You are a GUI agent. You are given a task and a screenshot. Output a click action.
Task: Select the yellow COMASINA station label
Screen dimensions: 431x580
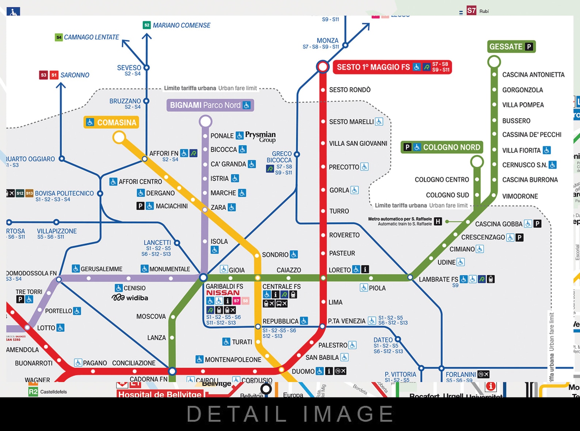(112, 123)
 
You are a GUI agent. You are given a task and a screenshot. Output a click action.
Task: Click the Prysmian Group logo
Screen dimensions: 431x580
(260, 136)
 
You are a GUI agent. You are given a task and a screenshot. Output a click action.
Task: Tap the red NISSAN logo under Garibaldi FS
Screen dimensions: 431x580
(223, 293)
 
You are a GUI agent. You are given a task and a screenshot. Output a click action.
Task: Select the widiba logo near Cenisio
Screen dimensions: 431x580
(130, 298)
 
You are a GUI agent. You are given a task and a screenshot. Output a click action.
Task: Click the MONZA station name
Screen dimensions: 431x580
(327, 41)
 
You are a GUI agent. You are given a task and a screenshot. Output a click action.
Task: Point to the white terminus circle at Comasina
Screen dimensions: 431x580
(119, 138)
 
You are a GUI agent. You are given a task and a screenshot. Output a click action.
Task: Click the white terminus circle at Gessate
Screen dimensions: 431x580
(494, 62)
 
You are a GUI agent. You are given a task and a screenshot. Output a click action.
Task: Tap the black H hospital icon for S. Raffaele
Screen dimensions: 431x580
(438, 221)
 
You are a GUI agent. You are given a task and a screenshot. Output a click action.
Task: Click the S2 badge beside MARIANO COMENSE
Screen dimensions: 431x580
(147, 25)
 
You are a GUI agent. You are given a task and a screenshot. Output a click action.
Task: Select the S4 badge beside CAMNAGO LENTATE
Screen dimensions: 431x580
(58, 37)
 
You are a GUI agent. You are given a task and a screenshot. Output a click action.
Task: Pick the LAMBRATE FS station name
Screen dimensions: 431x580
(438, 280)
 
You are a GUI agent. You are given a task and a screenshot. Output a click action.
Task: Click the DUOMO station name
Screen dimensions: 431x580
(303, 372)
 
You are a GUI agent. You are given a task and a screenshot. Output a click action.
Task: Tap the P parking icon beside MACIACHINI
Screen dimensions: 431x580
(140, 206)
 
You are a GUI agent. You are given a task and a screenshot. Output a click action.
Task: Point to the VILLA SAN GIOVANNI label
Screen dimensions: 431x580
(358, 144)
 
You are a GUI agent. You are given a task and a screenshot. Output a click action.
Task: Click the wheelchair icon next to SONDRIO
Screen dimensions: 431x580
(294, 254)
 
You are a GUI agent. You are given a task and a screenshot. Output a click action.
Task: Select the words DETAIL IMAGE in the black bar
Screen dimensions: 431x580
(290, 414)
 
